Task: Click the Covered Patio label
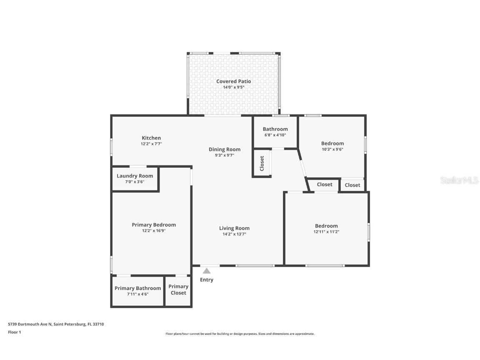pos(233,81)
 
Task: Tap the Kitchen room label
pos(151,138)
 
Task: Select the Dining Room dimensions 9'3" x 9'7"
pos(225,155)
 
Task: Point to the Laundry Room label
pos(135,176)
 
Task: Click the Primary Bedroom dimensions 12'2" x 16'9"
pos(154,230)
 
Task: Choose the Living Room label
pos(234,228)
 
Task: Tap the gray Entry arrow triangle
pos(207,271)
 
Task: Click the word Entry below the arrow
pos(207,280)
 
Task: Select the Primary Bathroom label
pos(137,288)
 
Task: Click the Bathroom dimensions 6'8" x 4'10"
pos(275,135)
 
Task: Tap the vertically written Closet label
pos(262,163)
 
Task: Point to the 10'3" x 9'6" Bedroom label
pos(332,143)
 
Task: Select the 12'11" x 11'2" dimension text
pos(327,232)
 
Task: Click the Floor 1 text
pos(14,332)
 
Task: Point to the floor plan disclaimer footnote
pos(240,334)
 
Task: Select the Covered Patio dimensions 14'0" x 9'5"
pos(233,87)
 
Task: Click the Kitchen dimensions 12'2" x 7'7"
pos(151,144)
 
